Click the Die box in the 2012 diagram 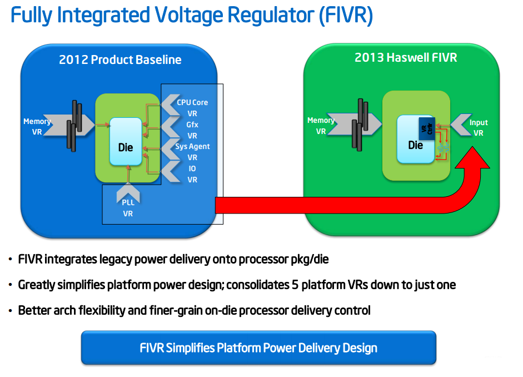(126, 141)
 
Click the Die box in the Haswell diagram (416, 140)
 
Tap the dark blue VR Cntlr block (427, 129)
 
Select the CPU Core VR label (192, 108)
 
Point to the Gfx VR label (192, 130)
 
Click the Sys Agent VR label (192, 152)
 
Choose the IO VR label (192, 174)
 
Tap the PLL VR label (128, 208)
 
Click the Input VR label (479, 128)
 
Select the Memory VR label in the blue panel (37, 126)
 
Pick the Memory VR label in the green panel (321, 126)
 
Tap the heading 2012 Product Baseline (120, 59)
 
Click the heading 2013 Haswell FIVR (406, 57)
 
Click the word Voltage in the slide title (189, 16)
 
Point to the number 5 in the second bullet (295, 285)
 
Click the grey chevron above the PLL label (128, 194)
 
